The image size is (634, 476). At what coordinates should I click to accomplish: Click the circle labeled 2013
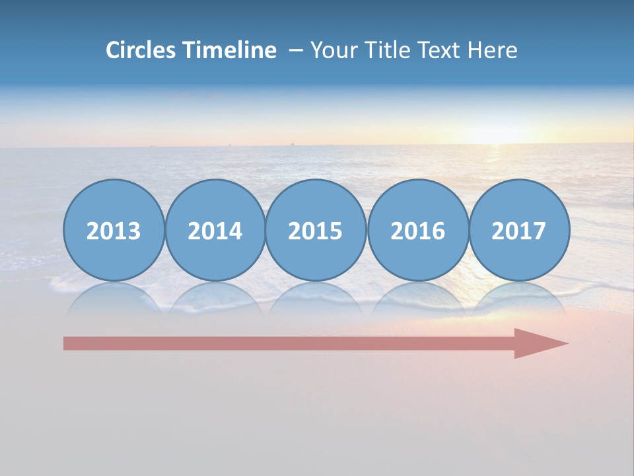click(114, 231)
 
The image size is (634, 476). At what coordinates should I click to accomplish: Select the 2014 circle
click(215, 231)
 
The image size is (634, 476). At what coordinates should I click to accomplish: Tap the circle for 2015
click(316, 231)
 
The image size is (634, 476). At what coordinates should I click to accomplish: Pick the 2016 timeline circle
click(417, 231)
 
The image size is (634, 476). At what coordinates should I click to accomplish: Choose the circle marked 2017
click(519, 231)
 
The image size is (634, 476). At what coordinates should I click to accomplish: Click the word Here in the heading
click(493, 50)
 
